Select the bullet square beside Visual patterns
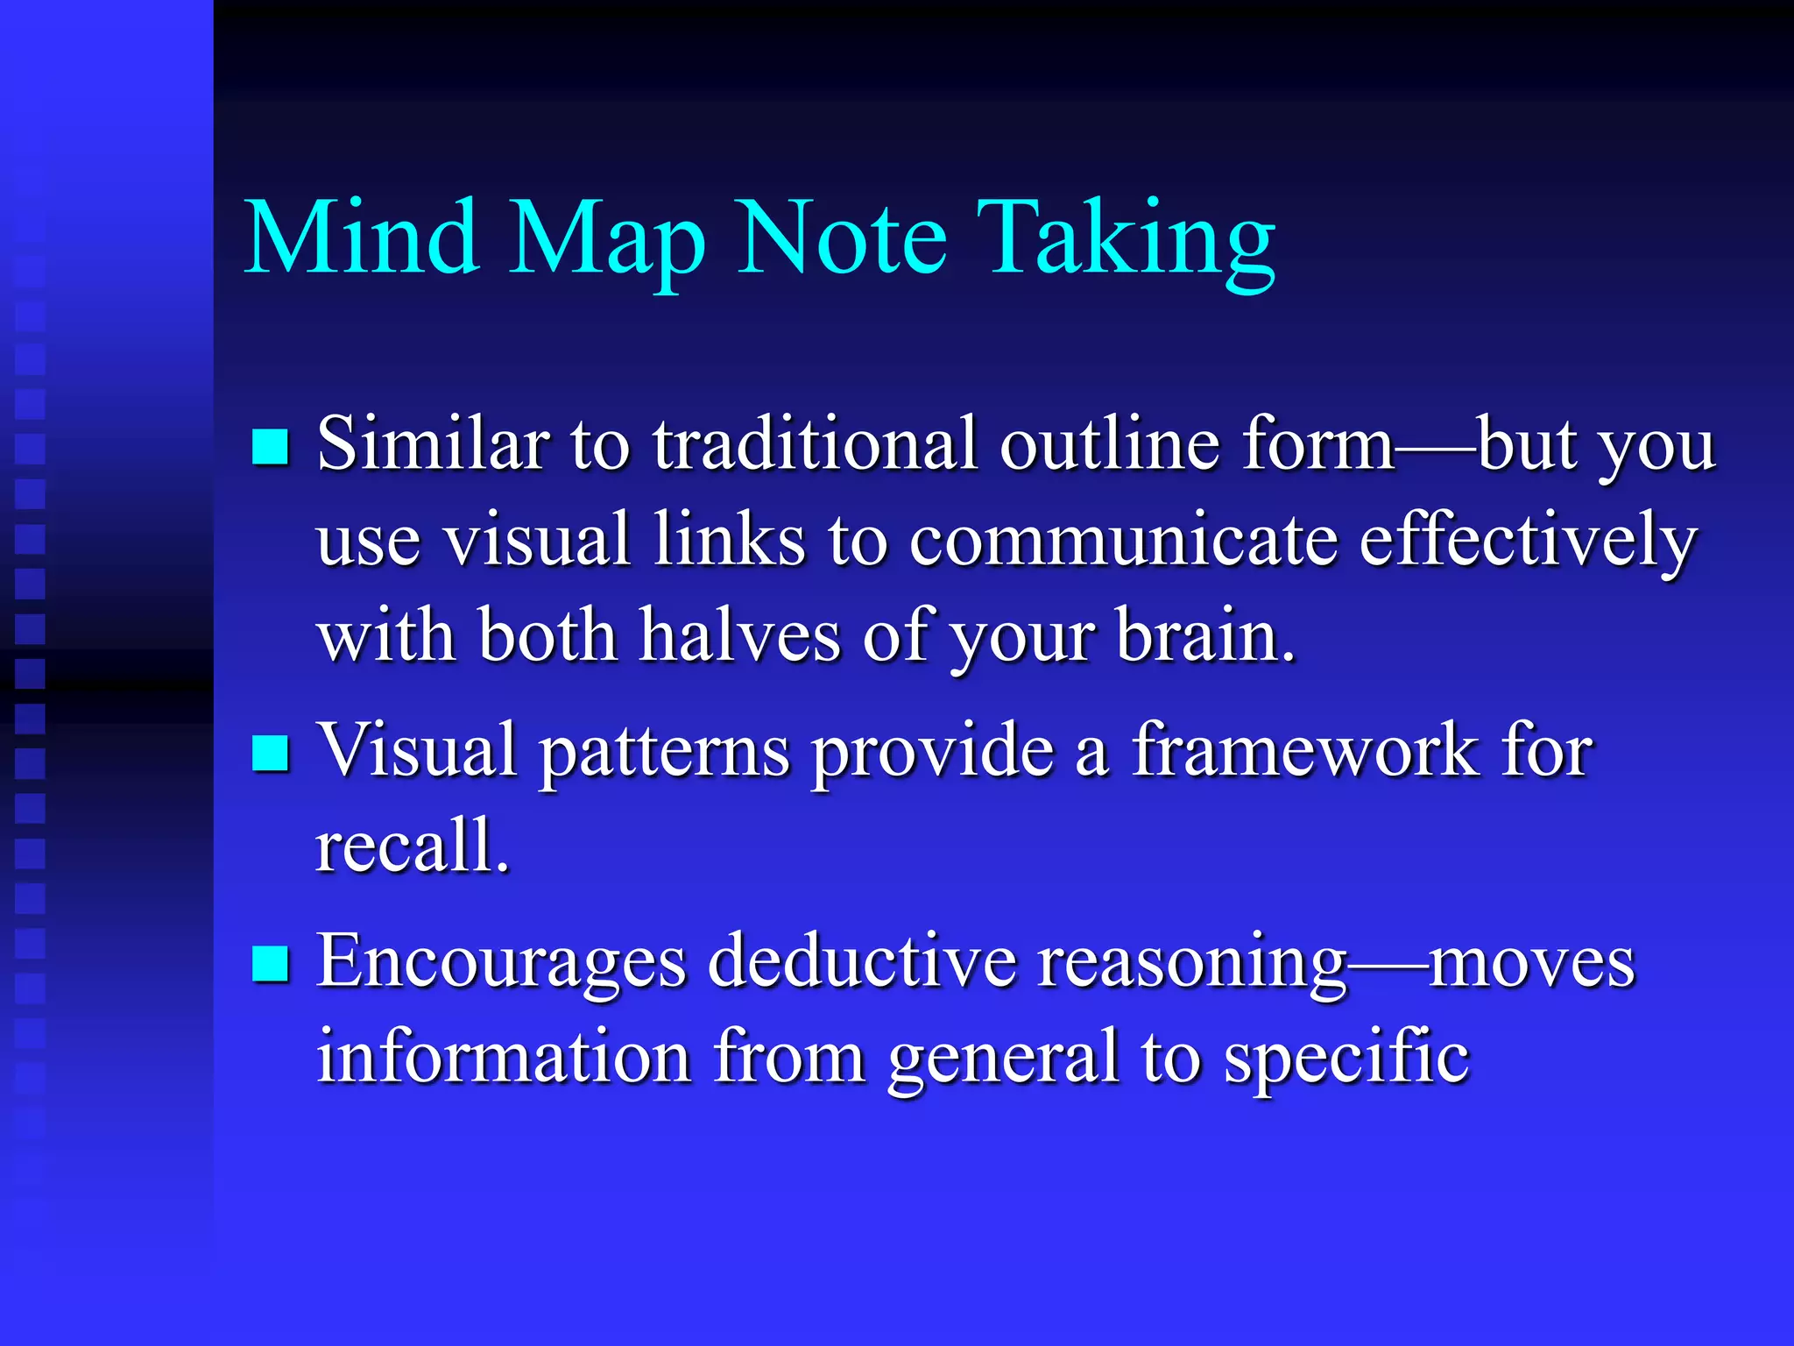tap(270, 753)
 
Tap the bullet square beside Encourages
tap(270, 964)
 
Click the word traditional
tap(815, 443)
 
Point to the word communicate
tap(1122, 540)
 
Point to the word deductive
tap(862, 962)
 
